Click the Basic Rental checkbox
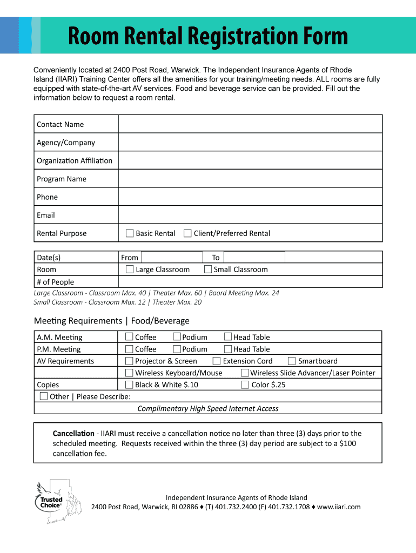pos(130,233)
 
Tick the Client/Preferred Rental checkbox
pos(187,233)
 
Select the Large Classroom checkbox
pos(130,269)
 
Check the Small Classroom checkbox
pos(207,269)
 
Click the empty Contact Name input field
pos(250,124)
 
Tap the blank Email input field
pos(250,215)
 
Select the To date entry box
pos(254,257)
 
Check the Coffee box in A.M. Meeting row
pos(129,336)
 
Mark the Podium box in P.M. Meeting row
pos(177,349)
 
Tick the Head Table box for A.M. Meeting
pos(228,336)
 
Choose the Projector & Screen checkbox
pos(129,361)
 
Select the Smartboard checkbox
pos(292,361)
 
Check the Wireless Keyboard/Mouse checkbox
pos(129,373)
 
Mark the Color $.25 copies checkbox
pos(245,385)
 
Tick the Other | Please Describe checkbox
pos(44,396)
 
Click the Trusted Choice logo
pos(51,502)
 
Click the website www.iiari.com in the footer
pos(339,507)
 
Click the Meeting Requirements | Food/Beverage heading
pos(112,321)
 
